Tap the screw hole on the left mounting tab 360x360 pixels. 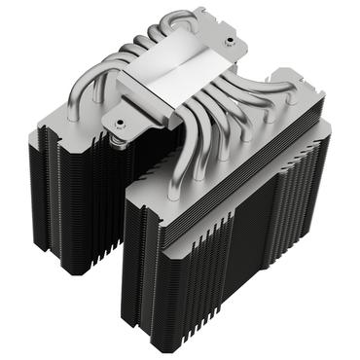click(x=119, y=125)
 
